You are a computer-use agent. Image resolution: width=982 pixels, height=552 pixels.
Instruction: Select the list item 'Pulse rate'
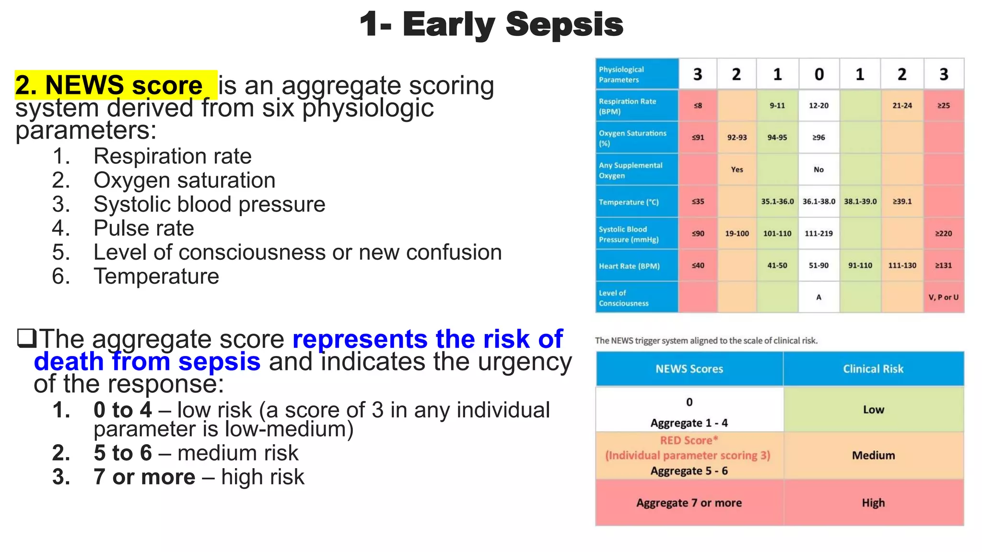[x=143, y=228]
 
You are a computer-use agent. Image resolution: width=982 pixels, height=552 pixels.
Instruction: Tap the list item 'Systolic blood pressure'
[x=209, y=204]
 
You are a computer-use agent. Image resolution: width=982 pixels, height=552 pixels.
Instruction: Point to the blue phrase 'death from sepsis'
[x=147, y=361]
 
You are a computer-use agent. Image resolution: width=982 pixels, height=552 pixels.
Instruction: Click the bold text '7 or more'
[x=144, y=477]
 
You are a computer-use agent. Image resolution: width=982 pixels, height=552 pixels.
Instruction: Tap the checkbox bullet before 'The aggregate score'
[x=26, y=338]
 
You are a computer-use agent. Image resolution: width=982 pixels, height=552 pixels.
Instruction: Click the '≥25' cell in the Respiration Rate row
[x=943, y=105]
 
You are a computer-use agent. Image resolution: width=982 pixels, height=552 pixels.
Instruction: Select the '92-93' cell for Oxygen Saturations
[x=736, y=138]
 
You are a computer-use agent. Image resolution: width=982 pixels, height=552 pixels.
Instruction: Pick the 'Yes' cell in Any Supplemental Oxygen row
[x=736, y=170]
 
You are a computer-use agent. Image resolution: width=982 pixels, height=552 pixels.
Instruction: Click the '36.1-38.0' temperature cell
[x=818, y=202]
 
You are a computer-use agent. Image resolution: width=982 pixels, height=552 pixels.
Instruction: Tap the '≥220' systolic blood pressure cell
[x=943, y=234]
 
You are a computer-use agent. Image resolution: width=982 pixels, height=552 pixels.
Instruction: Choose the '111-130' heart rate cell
[x=902, y=265]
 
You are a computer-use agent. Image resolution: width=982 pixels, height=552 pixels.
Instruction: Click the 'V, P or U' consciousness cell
[x=943, y=297]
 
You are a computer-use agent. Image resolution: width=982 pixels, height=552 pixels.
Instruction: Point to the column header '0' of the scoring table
[x=819, y=74]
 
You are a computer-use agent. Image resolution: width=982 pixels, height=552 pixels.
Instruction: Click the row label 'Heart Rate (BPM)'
[x=629, y=266]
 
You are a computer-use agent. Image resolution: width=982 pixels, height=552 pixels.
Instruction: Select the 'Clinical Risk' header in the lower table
[x=873, y=369]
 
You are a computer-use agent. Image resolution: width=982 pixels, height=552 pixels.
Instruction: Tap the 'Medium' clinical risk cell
[x=873, y=455]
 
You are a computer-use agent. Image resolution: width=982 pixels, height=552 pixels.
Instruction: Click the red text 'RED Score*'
[x=689, y=440]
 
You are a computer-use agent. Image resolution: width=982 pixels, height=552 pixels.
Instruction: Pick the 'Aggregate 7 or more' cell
[x=689, y=503]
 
